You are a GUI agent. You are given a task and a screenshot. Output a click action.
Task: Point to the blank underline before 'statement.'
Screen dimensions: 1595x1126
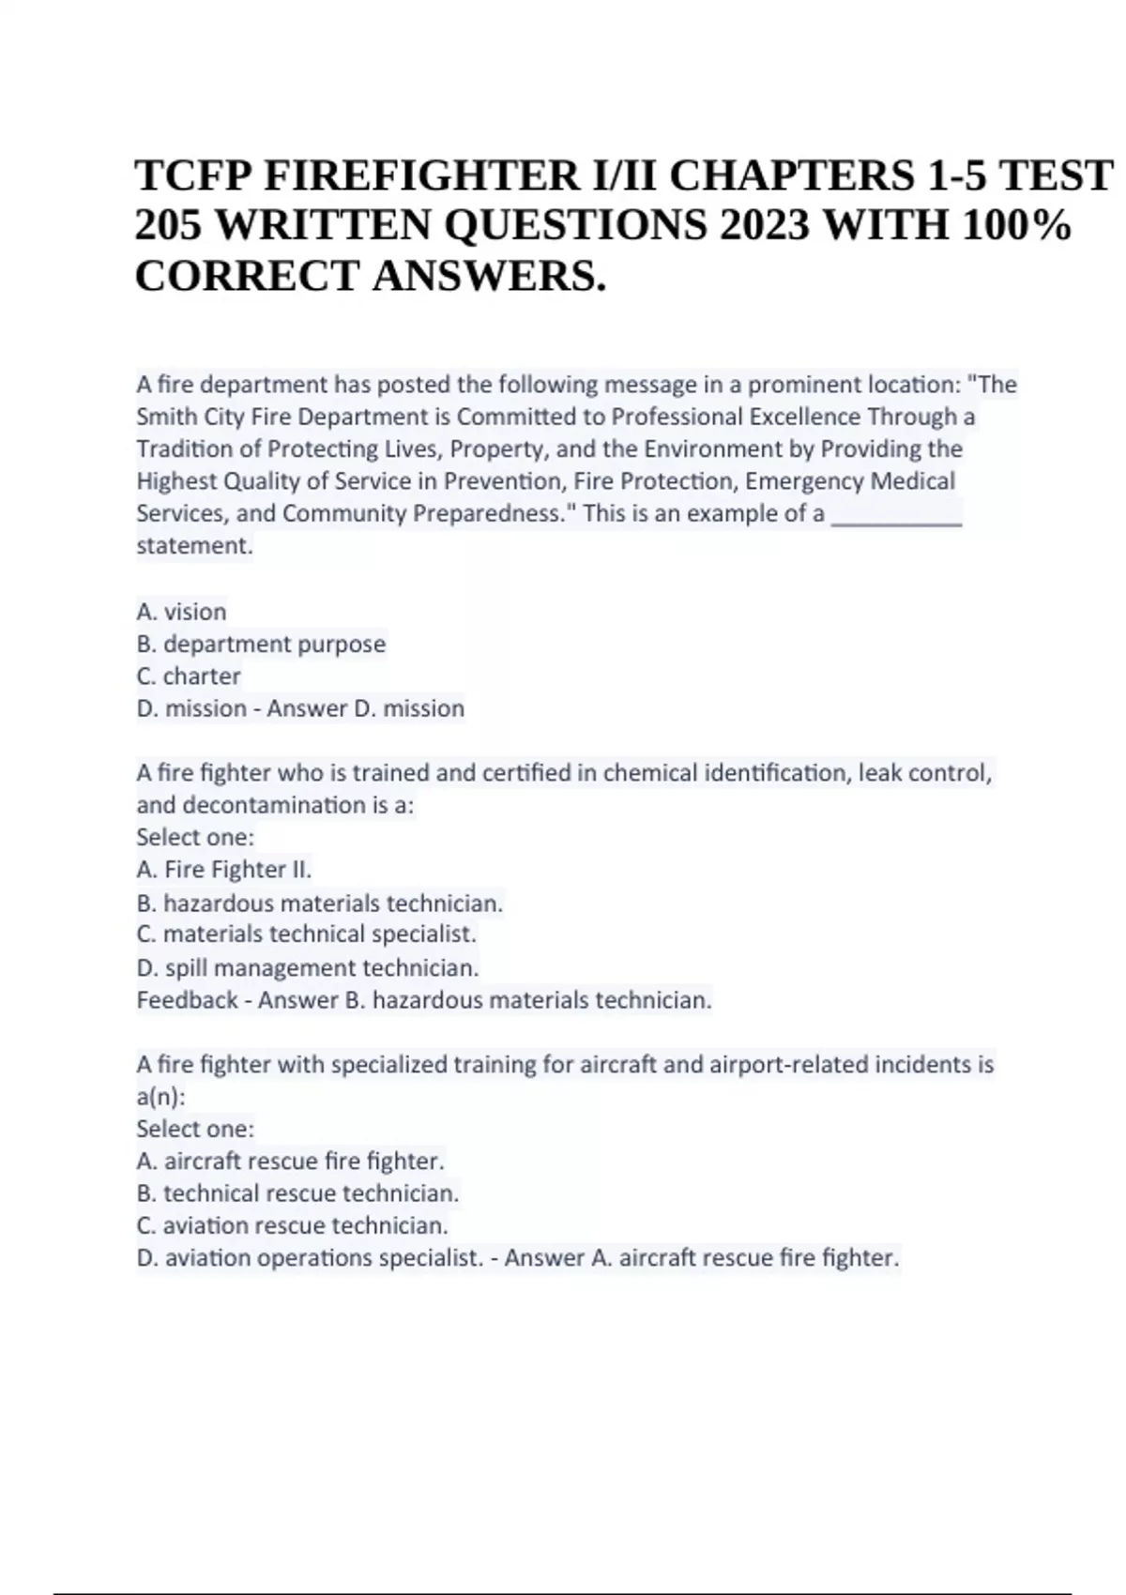tap(897, 516)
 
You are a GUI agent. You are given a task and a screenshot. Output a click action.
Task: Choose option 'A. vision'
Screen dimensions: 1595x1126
tap(181, 612)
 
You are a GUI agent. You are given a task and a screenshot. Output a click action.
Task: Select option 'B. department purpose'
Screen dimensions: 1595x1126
tap(261, 644)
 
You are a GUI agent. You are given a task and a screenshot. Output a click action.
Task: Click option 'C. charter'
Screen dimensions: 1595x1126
tap(189, 676)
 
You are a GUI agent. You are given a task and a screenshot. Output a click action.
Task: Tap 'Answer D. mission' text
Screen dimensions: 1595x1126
tap(365, 708)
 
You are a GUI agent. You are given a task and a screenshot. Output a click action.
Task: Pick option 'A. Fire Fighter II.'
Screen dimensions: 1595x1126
tap(223, 870)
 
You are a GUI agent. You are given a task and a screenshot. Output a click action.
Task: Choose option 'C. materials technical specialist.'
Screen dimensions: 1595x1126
tap(306, 934)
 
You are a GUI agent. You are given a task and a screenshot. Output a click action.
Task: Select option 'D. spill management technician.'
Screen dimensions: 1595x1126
tap(308, 967)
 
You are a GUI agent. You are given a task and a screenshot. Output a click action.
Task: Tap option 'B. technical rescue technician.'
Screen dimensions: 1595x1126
tap(297, 1193)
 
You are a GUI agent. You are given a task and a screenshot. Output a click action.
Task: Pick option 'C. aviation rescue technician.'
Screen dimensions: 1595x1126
tap(292, 1225)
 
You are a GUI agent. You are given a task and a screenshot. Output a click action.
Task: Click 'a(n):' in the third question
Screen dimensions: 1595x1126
tap(160, 1097)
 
